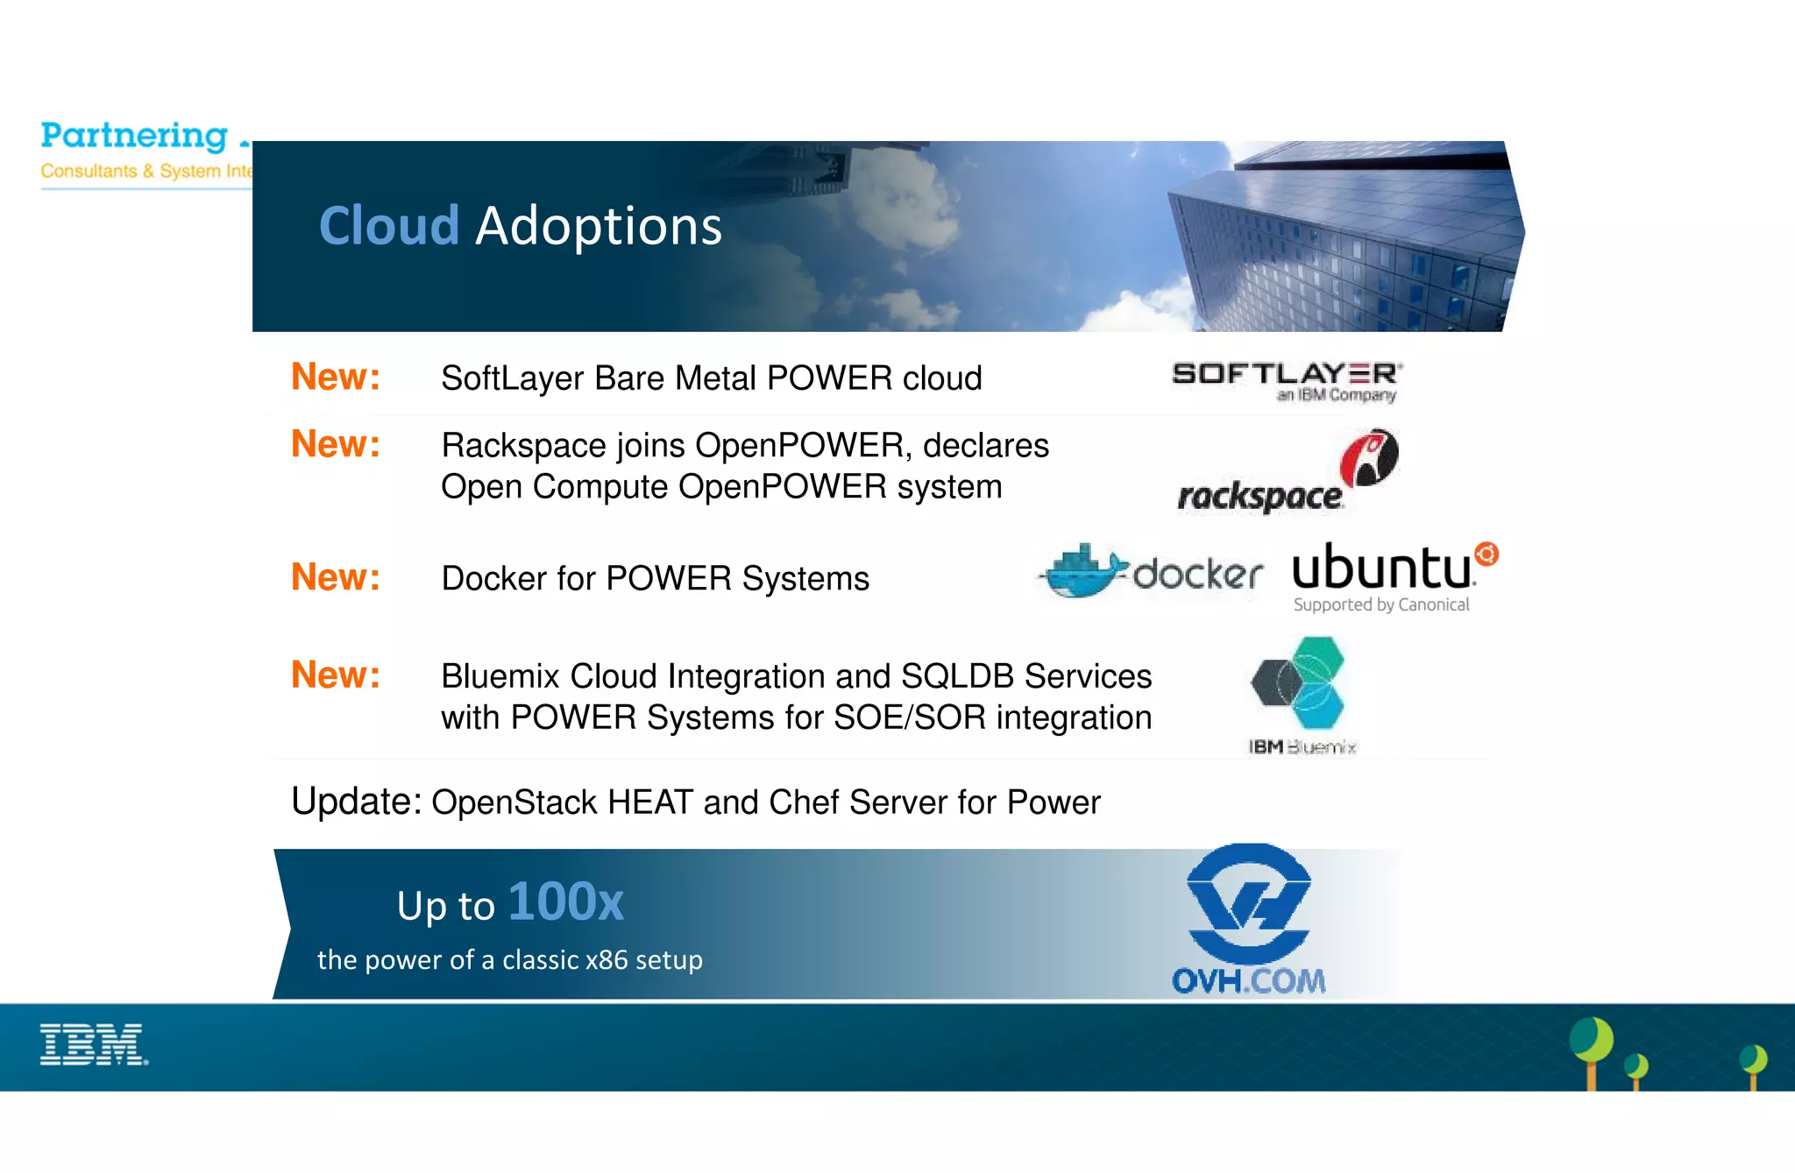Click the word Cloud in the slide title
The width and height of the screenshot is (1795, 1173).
coord(389,226)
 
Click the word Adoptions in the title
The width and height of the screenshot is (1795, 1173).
coord(599,226)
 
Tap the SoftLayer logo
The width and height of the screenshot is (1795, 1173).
coord(1287,380)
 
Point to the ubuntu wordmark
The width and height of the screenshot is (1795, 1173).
coord(1381,568)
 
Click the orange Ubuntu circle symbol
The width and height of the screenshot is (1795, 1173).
coord(1486,554)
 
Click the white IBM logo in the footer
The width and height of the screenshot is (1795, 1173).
coord(94,1044)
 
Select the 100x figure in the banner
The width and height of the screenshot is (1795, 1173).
coord(565,901)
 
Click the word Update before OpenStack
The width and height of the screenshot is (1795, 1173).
coord(356,801)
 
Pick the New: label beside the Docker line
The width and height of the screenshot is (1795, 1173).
coord(336,577)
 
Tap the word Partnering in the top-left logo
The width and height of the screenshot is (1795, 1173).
coord(134,136)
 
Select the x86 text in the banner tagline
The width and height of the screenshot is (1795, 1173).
coord(607,960)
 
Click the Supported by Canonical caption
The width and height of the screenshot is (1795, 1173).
coord(1381,604)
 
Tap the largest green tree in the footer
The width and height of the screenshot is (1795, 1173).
coord(1591,1042)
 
